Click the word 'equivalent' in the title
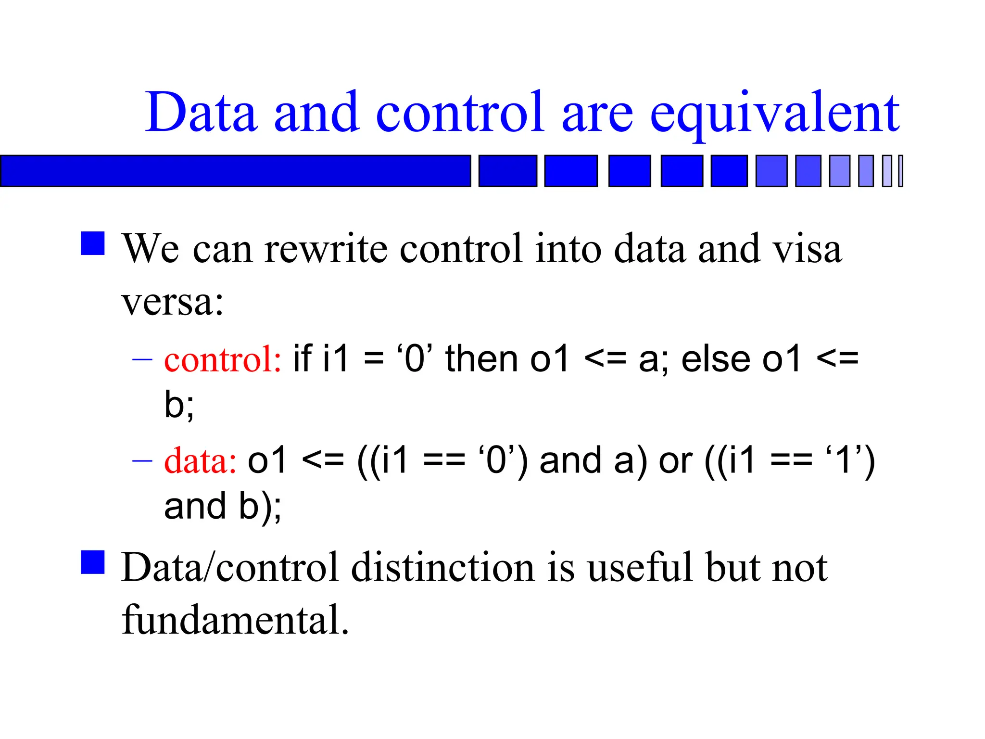(x=774, y=113)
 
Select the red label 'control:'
(x=223, y=359)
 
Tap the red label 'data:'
(x=200, y=460)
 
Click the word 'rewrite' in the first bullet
(x=326, y=249)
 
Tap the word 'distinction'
(x=442, y=568)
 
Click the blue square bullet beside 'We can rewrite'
(x=93, y=243)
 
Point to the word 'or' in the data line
(x=675, y=460)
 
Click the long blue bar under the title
(x=235, y=171)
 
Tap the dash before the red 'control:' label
(x=142, y=359)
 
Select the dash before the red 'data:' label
(x=142, y=460)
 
